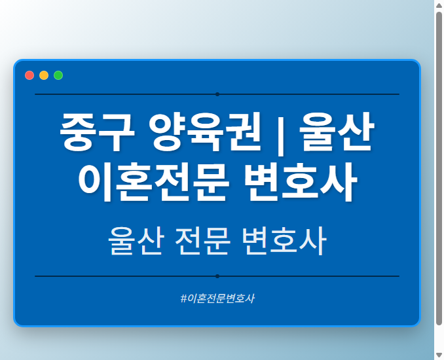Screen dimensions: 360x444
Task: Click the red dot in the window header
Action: click(29, 75)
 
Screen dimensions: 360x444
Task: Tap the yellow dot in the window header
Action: click(44, 75)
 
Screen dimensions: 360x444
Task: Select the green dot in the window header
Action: click(58, 75)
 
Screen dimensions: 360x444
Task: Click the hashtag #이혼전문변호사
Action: click(217, 298)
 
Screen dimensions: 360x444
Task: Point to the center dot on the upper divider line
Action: click(217, 94)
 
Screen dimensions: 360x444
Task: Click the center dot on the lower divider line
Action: click(217, 276)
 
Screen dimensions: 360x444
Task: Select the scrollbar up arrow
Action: click(439, 5)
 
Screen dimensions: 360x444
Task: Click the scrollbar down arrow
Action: click(439, 354)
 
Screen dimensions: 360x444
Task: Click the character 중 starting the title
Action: click(77, 132)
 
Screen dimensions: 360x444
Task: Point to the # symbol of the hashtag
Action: click(183, 298)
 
